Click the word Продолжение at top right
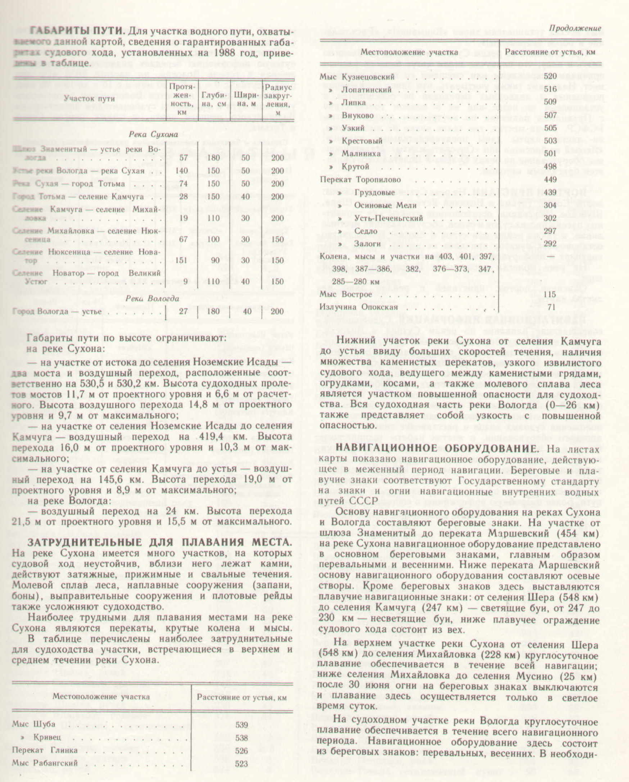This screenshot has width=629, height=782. point(575,28)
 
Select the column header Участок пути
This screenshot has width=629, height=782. point(89,98)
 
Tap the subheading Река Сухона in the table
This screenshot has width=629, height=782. point(153,134)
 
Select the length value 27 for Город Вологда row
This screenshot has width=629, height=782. point(183,311)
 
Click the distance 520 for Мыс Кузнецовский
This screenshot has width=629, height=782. point(550,77)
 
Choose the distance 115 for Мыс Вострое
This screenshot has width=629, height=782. point(550,294)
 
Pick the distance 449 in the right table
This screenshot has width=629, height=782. point(550,180)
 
